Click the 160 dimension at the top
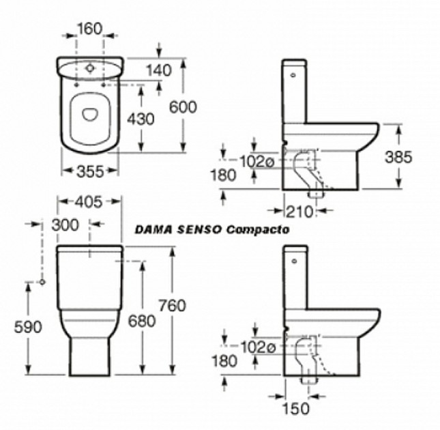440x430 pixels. (89, 29)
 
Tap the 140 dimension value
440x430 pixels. (159, 70)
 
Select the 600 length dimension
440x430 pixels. (183, 107)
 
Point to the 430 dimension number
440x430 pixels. (141, 119)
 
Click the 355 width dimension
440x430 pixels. (90, 171)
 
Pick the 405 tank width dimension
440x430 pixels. (89, 202)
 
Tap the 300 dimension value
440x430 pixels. (65, 225)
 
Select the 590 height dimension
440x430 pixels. (28, 327)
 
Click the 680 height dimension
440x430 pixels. (142, 321)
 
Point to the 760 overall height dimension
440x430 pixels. (173, 305)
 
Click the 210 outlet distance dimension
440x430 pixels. (299, 212)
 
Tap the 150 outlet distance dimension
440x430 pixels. (296, 408)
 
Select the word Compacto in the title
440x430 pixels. (258, 229)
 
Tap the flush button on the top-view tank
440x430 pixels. (90, 68)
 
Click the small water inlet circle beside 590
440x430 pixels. (42, 282)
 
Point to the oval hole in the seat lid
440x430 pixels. (90, 114)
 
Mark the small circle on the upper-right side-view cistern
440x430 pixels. (293, 75)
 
